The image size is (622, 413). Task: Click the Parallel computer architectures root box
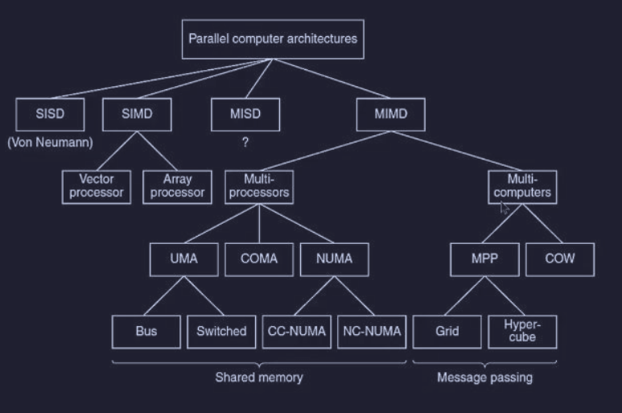pos(273,39)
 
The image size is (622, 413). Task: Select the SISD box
pos(49,114)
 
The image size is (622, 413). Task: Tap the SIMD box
pos(137,114)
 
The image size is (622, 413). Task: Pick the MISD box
pos(245,114)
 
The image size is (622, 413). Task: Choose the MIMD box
pos(391,114)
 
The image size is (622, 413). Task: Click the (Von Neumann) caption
pos(50,143)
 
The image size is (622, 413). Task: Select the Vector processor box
pos(97,186)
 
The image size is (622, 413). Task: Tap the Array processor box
pos(177,186)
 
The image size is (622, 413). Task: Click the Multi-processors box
pos(258,186)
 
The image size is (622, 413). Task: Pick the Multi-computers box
pos(522,186)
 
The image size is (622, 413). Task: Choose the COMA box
pos(258,259)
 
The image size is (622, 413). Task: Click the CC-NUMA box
pos(295,331)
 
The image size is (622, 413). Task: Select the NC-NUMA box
pos(366,331)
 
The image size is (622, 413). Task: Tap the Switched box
pos(221,331)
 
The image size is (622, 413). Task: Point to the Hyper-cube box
pos(522,331)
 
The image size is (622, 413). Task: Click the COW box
pos(561,259)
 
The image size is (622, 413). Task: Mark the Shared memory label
pos(259,377)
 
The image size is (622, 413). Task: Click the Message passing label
pos(484,377)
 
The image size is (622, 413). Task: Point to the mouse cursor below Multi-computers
pos(505,208)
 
